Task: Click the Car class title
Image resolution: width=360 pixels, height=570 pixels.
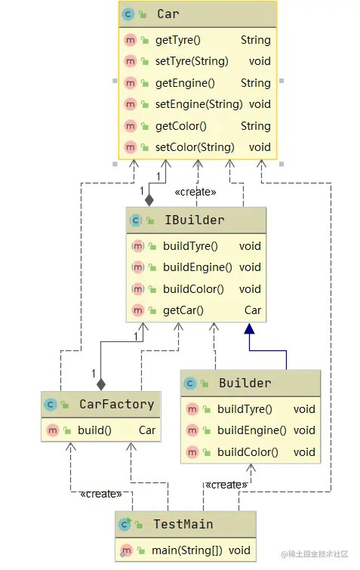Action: point(168,14)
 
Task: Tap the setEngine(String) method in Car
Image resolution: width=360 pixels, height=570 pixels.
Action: point(198,104)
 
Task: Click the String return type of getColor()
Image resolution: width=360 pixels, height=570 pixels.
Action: point(255,126)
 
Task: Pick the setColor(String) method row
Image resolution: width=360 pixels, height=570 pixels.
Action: point(195,147)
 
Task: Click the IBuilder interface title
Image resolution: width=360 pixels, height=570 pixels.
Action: point(194,220)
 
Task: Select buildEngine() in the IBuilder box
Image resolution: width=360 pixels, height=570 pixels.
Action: point(197,267)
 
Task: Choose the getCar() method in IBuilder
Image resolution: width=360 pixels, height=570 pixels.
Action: point(183,310)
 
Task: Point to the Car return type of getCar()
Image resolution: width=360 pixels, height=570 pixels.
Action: point(252,310)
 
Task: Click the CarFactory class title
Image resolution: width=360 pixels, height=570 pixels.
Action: point(116,405)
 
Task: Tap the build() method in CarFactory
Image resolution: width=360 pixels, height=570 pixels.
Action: point(94,430)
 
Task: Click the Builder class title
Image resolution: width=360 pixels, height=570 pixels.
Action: point(245,384)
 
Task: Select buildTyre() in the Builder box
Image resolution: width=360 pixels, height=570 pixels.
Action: point(244,409)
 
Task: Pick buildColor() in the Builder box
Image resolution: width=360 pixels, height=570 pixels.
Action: point(247,452)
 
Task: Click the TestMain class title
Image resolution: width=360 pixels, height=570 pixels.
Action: point(183,524)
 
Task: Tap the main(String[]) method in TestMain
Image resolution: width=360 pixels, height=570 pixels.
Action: point(187,550)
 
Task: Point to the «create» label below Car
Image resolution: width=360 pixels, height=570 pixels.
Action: point(195,192)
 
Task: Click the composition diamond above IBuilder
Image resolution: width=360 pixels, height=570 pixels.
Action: point(149,200)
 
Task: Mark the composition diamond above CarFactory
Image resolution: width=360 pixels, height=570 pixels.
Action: point(101,384)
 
